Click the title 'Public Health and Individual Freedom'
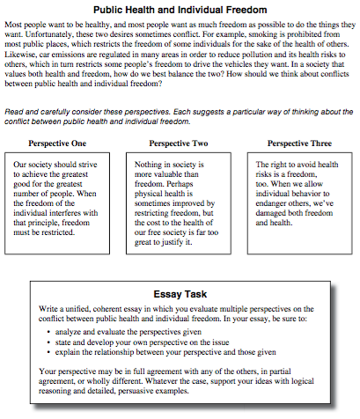(180, 9)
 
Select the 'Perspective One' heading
(62, 142)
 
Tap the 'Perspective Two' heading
(180, 142)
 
